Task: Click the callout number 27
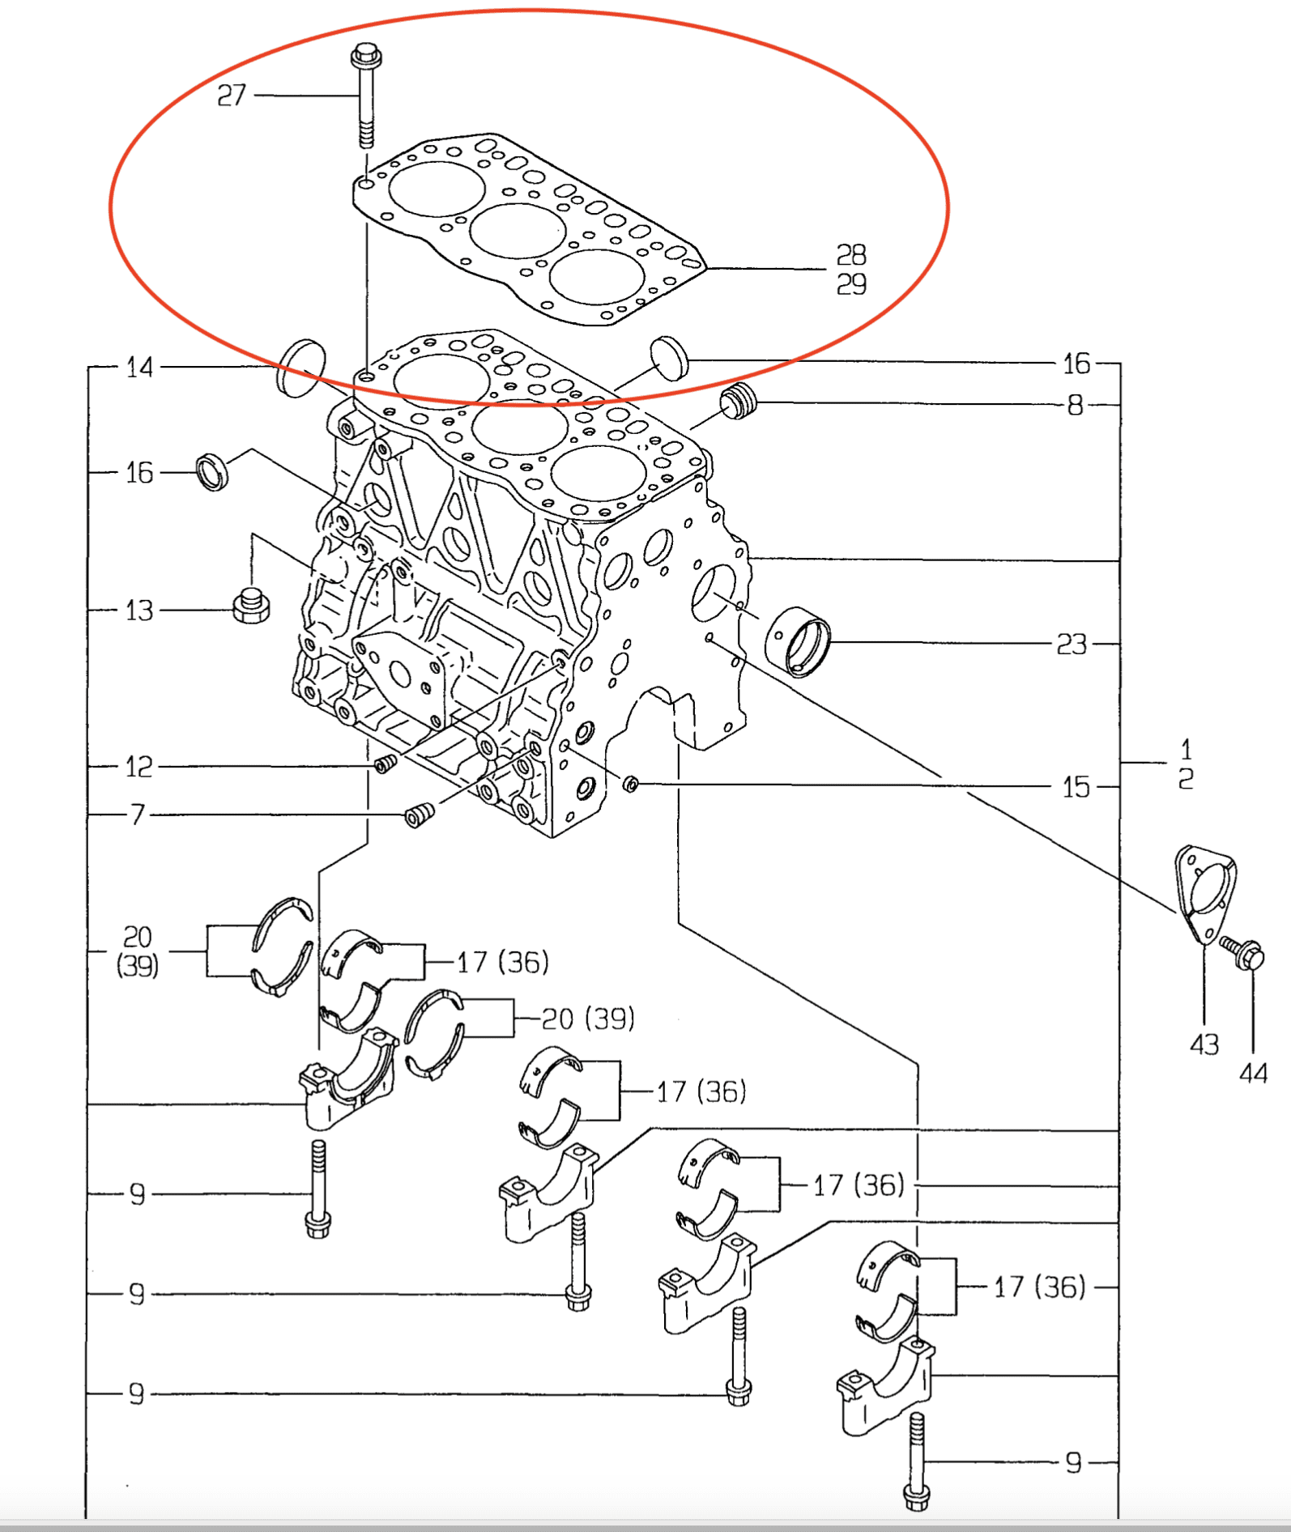pos(232,96)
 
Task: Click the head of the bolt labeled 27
pos(366,57)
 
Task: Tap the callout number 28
pos(851,255)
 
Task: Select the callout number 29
pos(851,284)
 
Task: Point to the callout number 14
pos(139,368)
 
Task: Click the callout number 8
pos(1075,405)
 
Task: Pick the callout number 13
pos(139,611)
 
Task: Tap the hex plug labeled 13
pos(251,606)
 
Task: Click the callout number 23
pos(1072,645)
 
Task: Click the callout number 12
pos(139,767)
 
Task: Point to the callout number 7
pos(138,814)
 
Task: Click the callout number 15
pos(1076,786)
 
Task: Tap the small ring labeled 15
pos(631,783)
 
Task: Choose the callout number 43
pos(1204,1045)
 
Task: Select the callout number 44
pos(1253,1074)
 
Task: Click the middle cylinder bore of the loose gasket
pos(517,231)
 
